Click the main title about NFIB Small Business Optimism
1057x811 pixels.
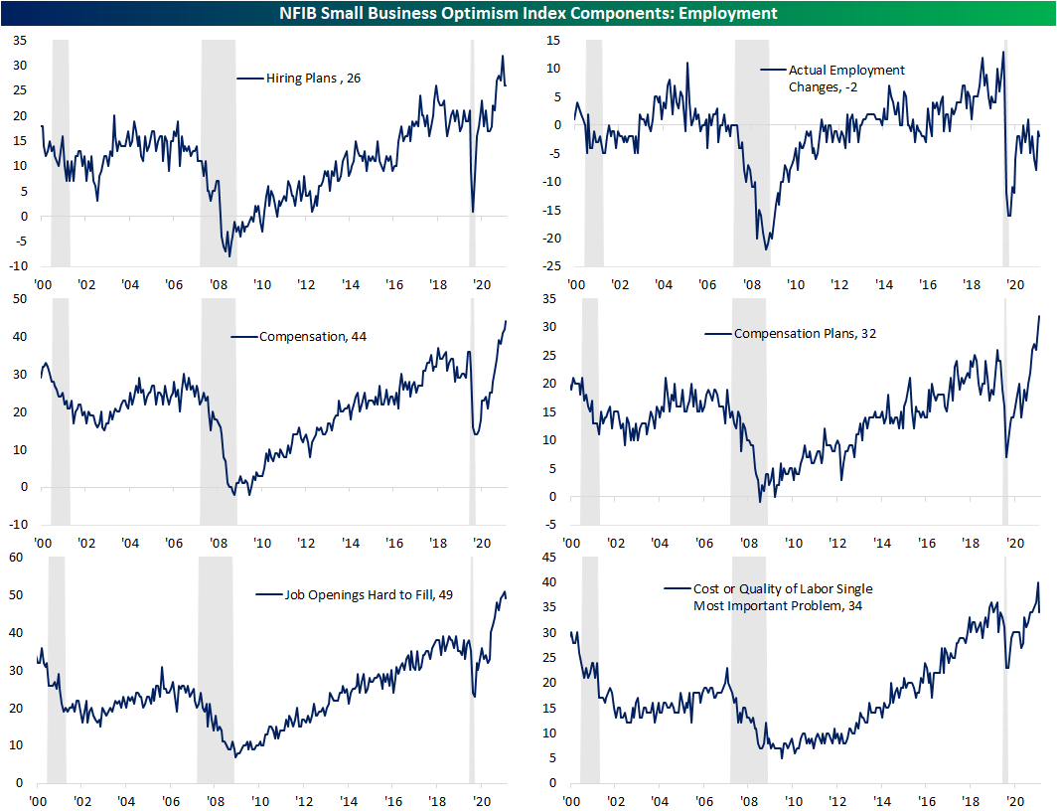coord(528,13)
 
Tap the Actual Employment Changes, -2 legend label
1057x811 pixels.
coord(846,79)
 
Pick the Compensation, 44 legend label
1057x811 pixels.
coord(298,337)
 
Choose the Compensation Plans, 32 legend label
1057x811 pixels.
coord(805,334)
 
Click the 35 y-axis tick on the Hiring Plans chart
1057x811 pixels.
coord(19,41)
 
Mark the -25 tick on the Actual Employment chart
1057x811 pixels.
coord(547,267)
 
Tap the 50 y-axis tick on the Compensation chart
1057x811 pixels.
coord(20,299)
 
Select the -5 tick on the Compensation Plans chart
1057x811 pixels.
coord(553,526)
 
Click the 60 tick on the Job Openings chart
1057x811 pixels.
coord(16,559)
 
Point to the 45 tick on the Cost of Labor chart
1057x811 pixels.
coord(549,558)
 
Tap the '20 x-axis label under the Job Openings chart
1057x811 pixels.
coord(481,801)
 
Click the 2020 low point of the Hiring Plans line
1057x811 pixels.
coord(473,212)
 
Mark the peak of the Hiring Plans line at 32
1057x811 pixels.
coord(503,56)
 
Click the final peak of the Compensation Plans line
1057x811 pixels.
coord(1039,316)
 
